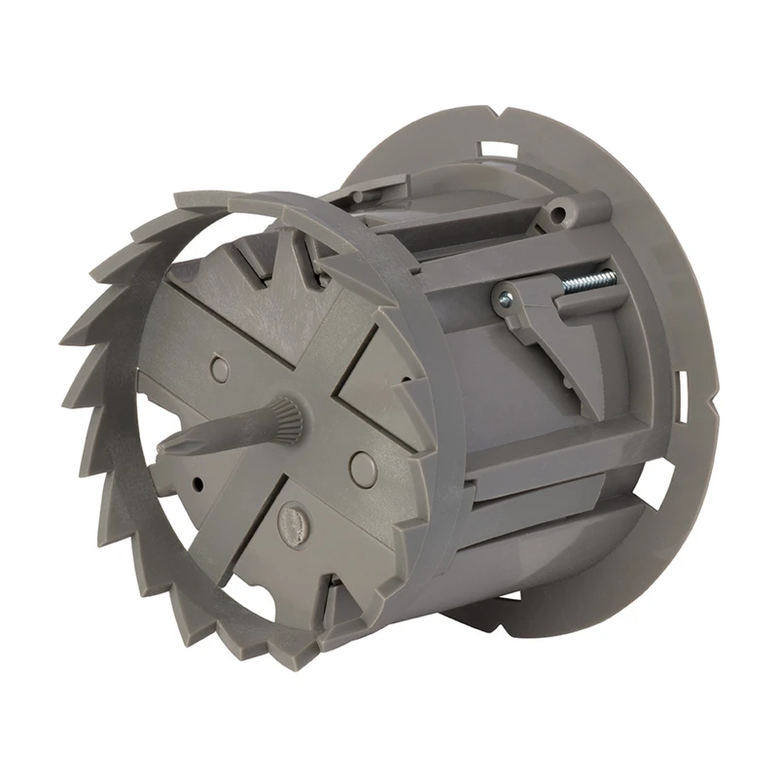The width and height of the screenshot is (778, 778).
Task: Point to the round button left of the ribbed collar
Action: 221,369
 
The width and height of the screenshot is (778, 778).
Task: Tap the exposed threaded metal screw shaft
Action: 589,282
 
